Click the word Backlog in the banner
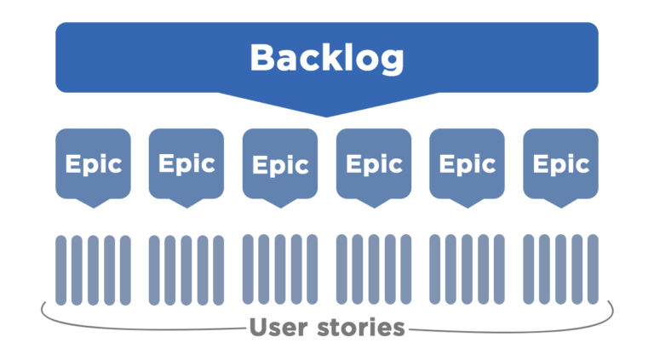click(x=326, y=58)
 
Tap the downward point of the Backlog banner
click(x=326, y=109)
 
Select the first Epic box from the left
click(x=93, y=163)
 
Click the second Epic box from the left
click(x=186, y=163)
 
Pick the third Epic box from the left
click(x=280, y=163)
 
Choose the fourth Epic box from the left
click(x=374, y=163)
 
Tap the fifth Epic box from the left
click(x=467, y=163)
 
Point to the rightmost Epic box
click(x=560, y=163)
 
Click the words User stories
click(x=326, y=327)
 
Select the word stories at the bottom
click(x=359, y=327)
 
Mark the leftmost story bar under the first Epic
click(x=61, y=270)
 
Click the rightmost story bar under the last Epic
click(x=593, y=270)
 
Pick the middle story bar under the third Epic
click(x=280, y=270)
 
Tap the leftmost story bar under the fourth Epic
click(x=342, y=270)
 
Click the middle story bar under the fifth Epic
click(x=467, y=270)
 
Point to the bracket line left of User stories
click(x=136, y=326)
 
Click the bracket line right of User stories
click(x=511, y=326)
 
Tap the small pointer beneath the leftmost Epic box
click(x=93, y=203)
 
